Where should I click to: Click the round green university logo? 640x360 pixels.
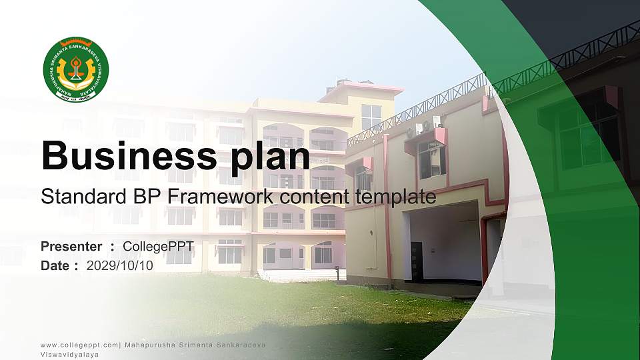click(75, 69)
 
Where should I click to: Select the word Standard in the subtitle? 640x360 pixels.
click(77, 197)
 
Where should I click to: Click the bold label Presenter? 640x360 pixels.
click(71, 247)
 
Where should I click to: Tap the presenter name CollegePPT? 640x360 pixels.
click(158, 247)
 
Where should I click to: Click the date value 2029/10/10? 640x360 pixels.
click(119, 266)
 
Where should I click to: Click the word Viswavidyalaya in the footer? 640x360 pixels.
click(69, 355)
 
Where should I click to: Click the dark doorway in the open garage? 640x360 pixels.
click(417, 260)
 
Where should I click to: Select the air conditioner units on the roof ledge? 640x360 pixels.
click(427, 125)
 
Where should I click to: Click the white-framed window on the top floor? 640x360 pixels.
click(371, 117)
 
